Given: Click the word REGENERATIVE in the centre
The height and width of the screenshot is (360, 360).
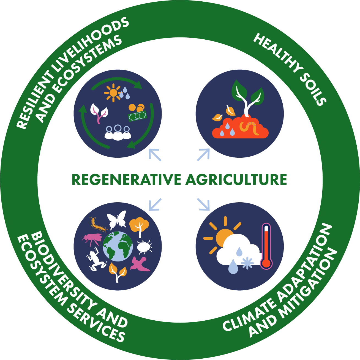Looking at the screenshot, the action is coord(126,179).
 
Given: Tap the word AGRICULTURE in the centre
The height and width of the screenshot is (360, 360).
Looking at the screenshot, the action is coord(236,179).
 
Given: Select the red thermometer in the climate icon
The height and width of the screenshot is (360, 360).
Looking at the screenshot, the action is coord(266,246).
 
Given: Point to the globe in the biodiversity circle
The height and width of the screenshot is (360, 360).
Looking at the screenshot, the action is coord(118,246).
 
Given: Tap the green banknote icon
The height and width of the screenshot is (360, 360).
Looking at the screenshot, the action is coord(138,116).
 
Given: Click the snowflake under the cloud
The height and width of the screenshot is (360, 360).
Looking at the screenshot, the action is coord(247,263).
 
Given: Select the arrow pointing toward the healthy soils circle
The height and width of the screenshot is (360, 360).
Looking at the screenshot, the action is coord(203,154).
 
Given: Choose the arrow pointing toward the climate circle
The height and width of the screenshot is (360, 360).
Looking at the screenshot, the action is coord(203,204).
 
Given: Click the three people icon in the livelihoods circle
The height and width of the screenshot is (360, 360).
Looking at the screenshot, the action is coord(118,132).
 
